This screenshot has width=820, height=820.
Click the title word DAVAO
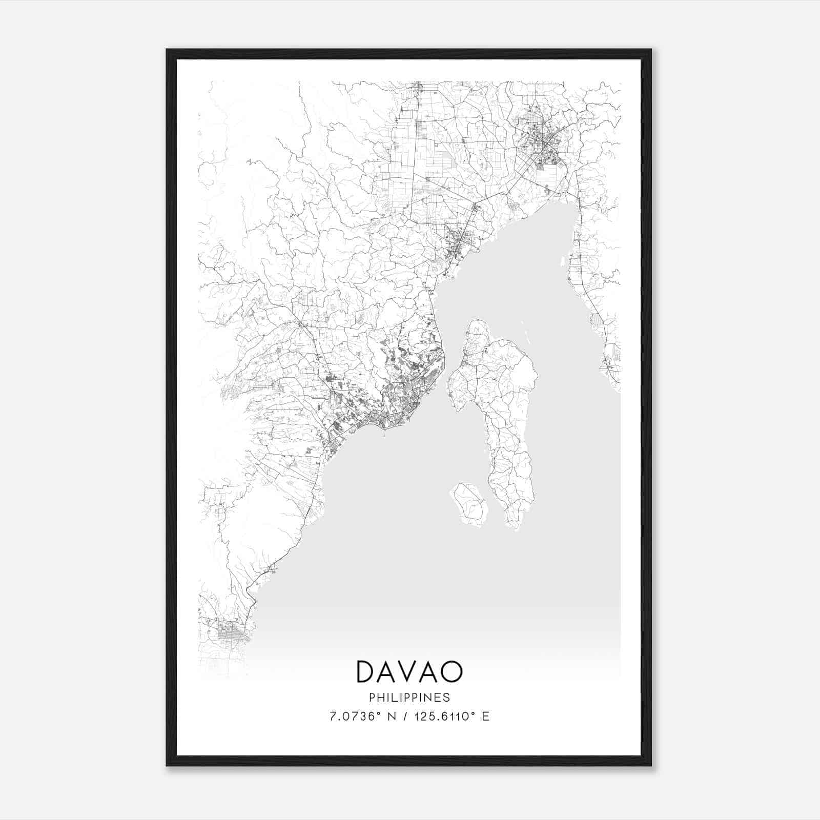coord(409,672)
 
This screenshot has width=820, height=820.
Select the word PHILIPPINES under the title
coord(409,698)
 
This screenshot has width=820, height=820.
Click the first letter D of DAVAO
coord(367,672)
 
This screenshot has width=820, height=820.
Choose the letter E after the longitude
coord(485,716)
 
